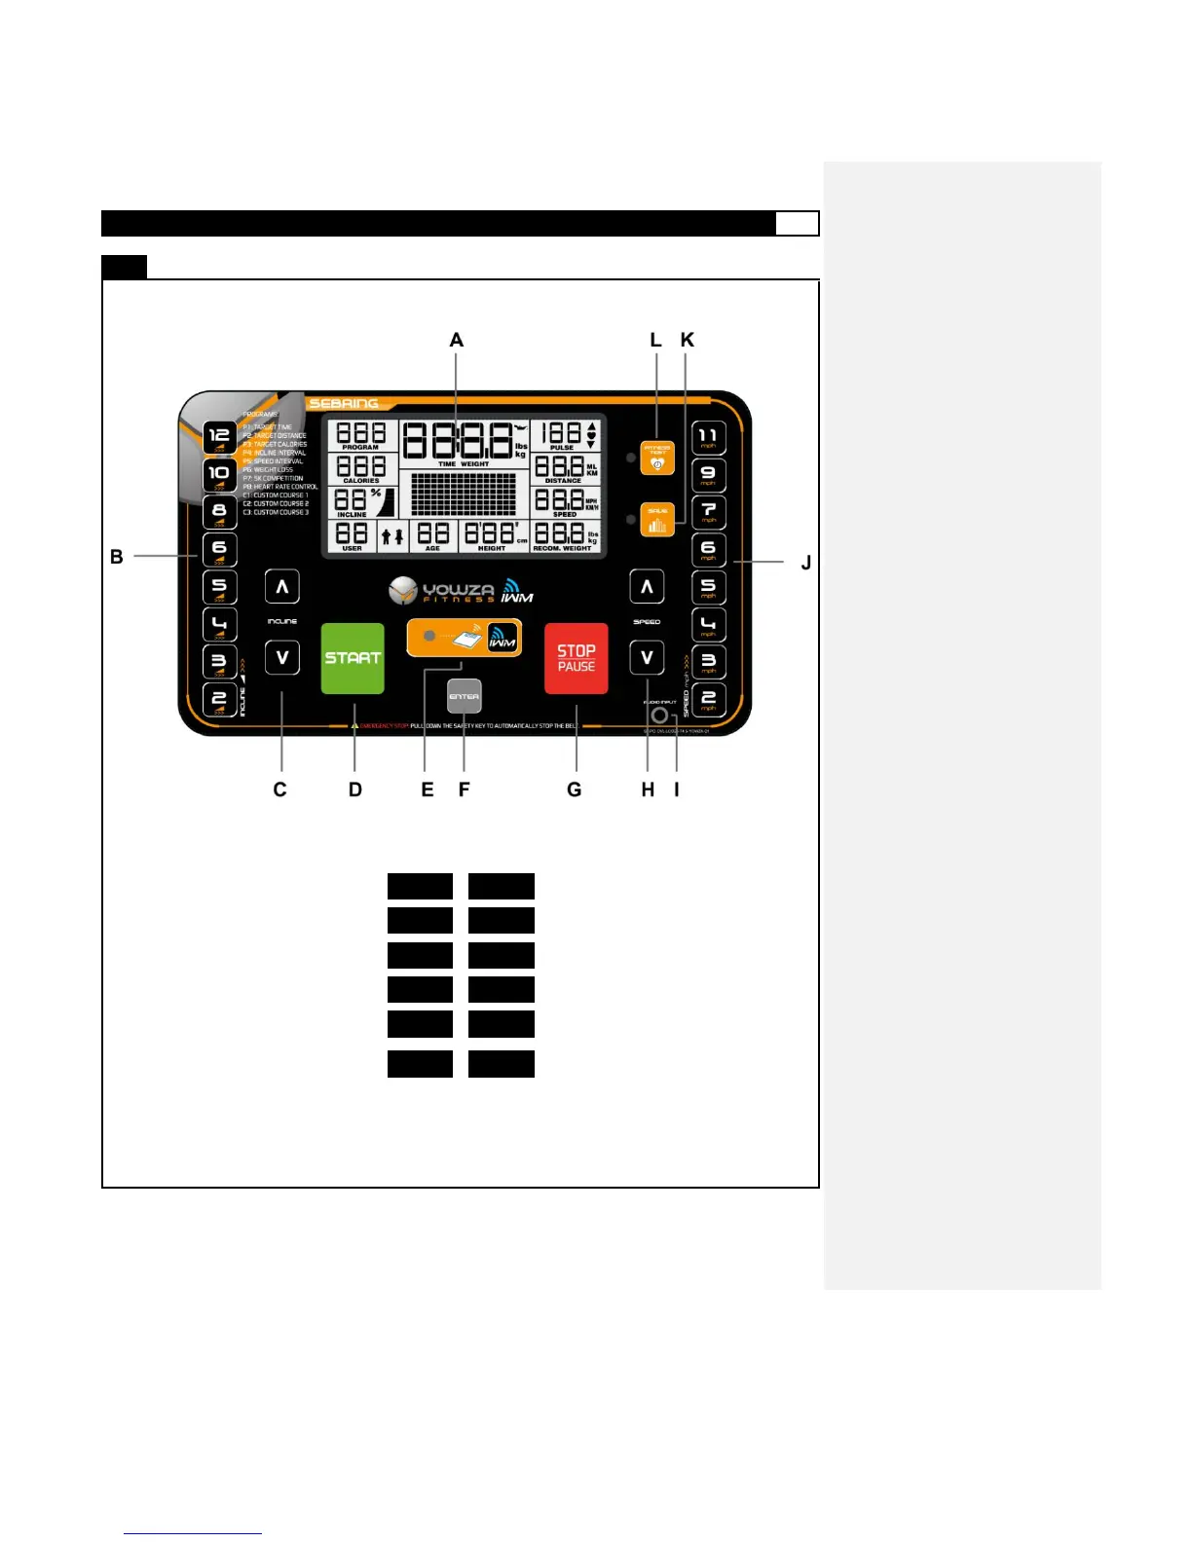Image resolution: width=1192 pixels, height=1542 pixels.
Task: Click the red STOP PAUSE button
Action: coord(576,658)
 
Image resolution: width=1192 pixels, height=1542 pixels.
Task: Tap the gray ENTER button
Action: coord(465,696)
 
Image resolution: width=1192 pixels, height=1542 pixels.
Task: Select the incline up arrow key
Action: coord(282,587)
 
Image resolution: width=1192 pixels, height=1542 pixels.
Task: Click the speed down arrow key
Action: coord(647,658)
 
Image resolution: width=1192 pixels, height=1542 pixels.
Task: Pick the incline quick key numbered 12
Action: coord(219,437)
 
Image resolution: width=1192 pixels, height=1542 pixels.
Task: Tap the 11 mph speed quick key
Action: coord(708,438)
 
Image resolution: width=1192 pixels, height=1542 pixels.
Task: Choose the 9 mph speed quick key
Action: coord(708,475)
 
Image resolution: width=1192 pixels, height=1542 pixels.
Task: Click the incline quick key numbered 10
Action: coord(219,474)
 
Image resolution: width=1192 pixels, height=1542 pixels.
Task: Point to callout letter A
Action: coord(456,340)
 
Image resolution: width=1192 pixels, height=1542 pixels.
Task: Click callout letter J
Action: coord(805,562)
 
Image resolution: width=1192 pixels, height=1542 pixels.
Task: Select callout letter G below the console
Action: coord(575,789)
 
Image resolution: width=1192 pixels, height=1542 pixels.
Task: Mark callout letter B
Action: coord(117,557)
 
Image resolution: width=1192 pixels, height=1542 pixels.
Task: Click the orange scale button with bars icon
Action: coord(657,519)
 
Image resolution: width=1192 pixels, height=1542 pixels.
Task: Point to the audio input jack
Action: coord(659,716)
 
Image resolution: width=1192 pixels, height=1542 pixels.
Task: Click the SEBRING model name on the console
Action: coord(344,403)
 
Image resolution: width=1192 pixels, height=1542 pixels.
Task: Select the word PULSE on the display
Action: coord(562,448)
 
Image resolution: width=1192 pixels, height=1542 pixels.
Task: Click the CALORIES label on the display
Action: coord(361,481)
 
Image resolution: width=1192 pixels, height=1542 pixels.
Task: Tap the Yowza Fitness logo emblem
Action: coord(402,590)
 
